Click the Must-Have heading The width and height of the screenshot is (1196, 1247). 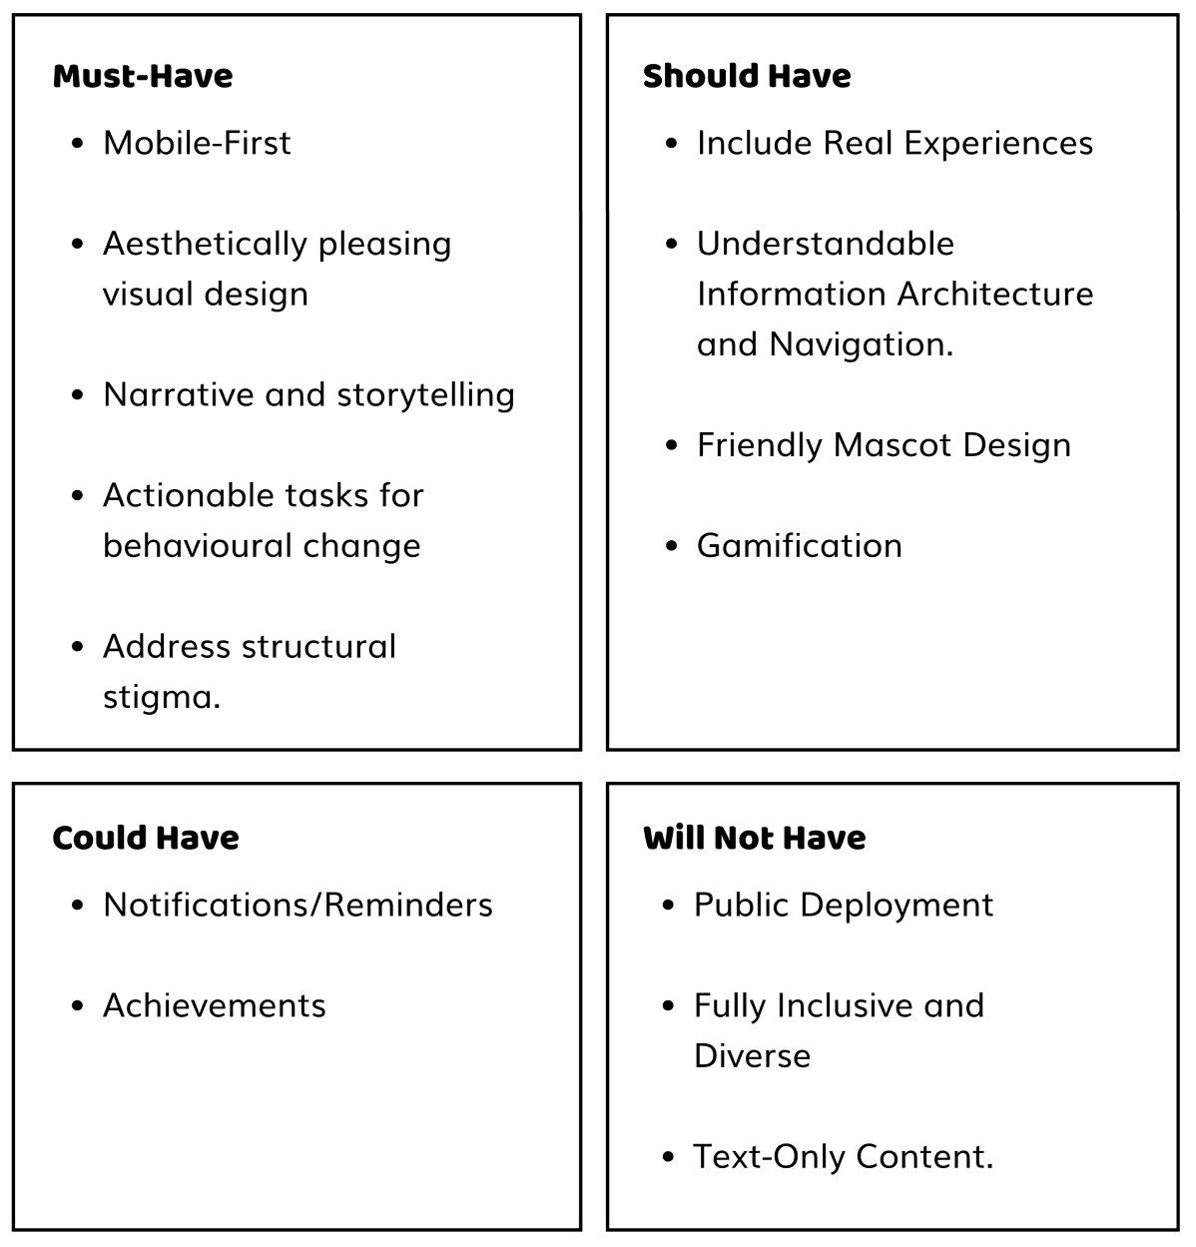[x=143, y=76]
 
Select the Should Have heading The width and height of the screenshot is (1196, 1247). [x=747, y=76]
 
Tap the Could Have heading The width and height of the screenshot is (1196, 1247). [x=146, y=838]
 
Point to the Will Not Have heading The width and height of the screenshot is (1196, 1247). [x=755, y=838]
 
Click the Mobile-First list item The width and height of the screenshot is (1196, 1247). [x=197, y=142]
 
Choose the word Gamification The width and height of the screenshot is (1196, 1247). [x=800, y=546]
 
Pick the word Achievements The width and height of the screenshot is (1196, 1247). [x=215, y=1004]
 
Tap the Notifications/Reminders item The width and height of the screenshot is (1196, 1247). [x=298, y=905]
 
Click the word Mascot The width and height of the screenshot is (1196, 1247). [x=893, y=444]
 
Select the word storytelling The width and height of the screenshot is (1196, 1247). [x=426, y=394]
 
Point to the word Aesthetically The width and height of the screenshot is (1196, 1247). [x=205, y=245]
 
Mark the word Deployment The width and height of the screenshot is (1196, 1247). [x=897, y=906]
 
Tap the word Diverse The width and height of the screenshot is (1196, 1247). [x=752, y=1055]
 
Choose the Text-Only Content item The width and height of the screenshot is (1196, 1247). [x=843, y=1157]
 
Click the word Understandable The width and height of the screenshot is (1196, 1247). [x=826, y=244]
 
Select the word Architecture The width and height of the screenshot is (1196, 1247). [x=995, y=295]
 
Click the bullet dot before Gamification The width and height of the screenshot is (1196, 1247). [x=671, y=546]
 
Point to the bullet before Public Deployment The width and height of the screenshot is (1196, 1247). [x=668, y=905]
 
